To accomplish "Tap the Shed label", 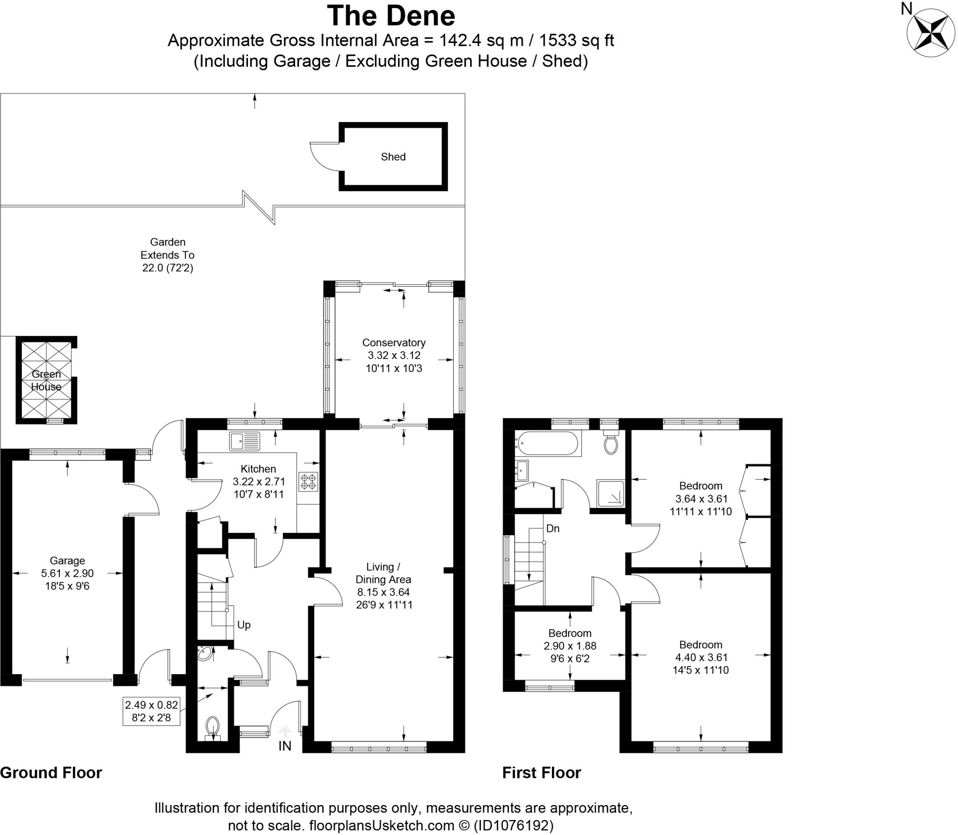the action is (x=393, y=157).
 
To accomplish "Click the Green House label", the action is (x=46, y=380).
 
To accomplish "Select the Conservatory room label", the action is (x=394, y=342).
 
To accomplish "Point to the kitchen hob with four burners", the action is (x=309, y=482).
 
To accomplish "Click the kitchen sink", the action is (x=245, y=441).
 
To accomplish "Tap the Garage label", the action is (x=67, y=560).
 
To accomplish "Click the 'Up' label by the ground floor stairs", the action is (x=244, y=625).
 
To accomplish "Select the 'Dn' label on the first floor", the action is (x=552, y=529).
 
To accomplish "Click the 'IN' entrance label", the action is (x=285, y=746).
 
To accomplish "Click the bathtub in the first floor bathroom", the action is (x=548, y=443).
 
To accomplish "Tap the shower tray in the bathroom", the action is (x=610, y=493).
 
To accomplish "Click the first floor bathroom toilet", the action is (x=610, y=443).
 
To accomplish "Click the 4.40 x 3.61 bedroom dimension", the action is (x=701, y=657).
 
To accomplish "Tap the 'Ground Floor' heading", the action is (x=51, y=773).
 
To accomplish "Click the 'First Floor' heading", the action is (x=542, y=773).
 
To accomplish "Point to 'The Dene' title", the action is (x=391, y=16).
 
